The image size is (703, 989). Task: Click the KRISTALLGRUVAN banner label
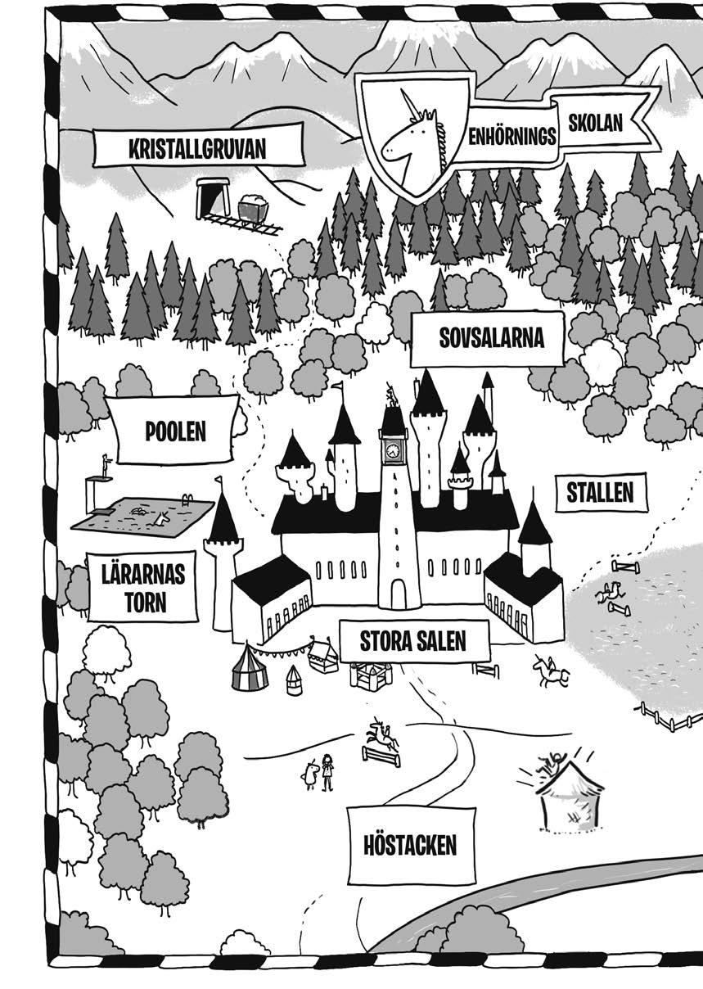198,149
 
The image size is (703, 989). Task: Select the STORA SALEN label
412,641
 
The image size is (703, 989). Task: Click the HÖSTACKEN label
410,844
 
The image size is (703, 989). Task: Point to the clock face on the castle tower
393,449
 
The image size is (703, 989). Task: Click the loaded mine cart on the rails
254,208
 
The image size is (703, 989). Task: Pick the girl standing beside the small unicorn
328,770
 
